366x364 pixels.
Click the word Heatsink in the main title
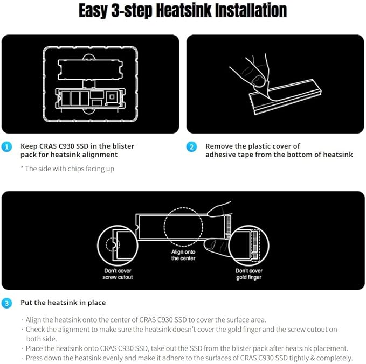(x=183, y=11)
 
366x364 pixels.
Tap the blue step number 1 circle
(x=6, y=147)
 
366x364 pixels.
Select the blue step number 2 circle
(x=191, y=147)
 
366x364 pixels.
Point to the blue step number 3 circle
(x=6, y=303)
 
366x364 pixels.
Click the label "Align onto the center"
(x=183, y=255)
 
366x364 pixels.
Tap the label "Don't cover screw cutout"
(x=118, y=274)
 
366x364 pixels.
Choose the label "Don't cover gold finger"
(x=249, y=274)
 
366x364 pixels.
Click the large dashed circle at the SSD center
(x=164, y=227)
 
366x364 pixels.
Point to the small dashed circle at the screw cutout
(x=106, y=244)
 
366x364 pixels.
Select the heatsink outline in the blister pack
(x=58, y=69)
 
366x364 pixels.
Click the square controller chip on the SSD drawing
(x=112, y=96)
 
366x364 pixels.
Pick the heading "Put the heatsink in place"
(x=63, y=303)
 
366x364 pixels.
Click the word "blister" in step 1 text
(x=123, y=146)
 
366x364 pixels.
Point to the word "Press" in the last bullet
(x=34, y=358)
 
